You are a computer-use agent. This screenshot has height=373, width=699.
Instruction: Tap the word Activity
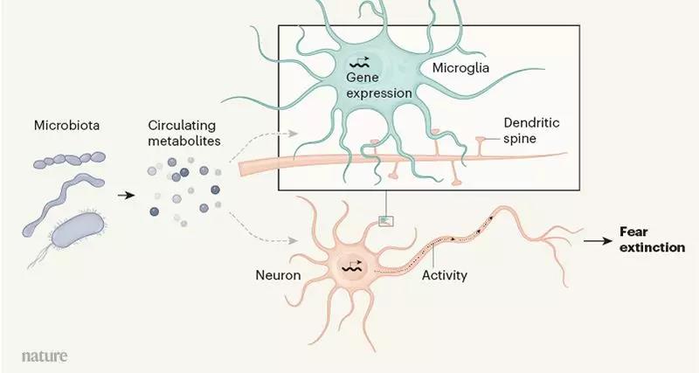(444, 275)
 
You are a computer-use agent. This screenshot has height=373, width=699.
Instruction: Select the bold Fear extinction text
(652, 240)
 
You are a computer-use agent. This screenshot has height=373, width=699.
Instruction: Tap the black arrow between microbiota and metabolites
(127, 195)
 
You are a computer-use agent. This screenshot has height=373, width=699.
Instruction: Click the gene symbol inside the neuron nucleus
(355, 266)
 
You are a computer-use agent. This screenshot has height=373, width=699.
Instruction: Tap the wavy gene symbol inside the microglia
(359, 62)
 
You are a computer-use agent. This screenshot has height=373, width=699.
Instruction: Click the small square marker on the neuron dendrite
(385, 220)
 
